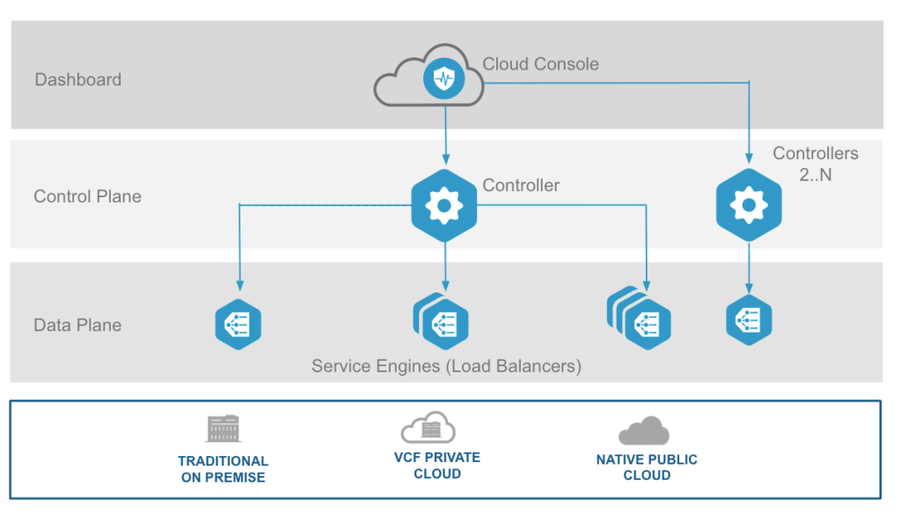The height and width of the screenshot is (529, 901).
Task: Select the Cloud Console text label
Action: (x=540, y=64)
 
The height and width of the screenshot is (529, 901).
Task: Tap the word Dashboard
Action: (x=77, y=80)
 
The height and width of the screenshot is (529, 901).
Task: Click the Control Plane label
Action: (x=87, y=196)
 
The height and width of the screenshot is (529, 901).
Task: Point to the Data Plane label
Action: (x=77, y=325)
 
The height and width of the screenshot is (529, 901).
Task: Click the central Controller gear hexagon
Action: (x=444, y=206)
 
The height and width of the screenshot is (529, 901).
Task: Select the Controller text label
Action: (x=521, y=186)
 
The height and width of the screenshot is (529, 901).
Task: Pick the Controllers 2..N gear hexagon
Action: (x=749, y=205)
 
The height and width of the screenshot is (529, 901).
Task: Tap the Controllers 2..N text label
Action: (x=815, y=164)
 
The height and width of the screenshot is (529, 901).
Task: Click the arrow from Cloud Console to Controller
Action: (x=445, y=132)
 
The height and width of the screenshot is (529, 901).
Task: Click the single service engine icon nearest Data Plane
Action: (x=238, y=324)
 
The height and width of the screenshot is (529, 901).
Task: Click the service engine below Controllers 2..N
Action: (x=749, y=320)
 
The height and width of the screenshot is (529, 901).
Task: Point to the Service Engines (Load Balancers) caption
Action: (x=446, y=365)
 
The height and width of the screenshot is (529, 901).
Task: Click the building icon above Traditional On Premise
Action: (x=223, y=429)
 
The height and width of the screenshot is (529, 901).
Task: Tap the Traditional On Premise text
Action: (x=223, y=469)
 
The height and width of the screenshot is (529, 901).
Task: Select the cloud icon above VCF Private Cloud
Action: (x=429, y=428)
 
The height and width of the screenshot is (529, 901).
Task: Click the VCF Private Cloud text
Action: (x=437, y=466)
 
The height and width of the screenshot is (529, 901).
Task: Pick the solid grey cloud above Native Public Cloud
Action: (x=644, y=430)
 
